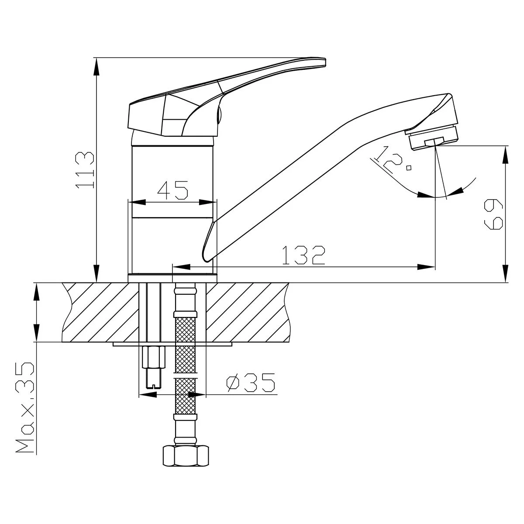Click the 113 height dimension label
tap(85, 170)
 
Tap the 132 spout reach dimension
tap(304, 255)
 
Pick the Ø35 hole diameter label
tap(251, 383)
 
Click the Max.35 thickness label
tap(25, 407)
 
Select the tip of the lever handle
tap(325, 62)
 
